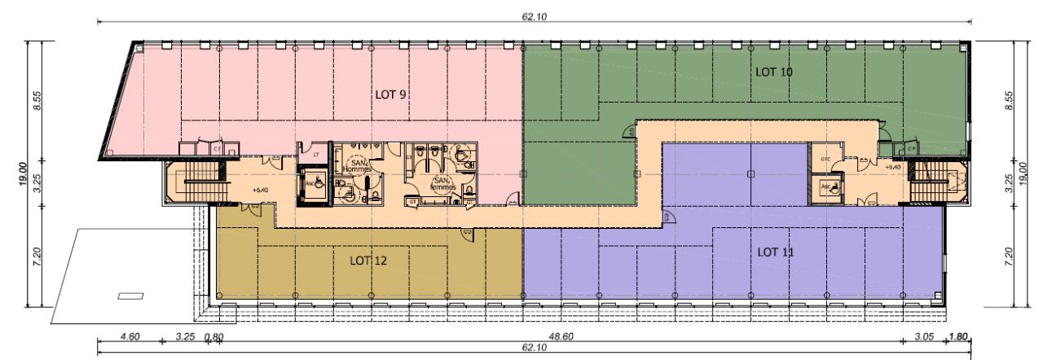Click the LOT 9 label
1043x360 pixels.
pyautogui.click(x=390, y=94)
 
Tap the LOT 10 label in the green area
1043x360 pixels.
pyautogui.click(x=774, y=72)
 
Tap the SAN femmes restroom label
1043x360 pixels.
pyautogui.click(x=443, y=183)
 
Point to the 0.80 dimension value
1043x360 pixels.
pyautogui.click(x=215, y=336)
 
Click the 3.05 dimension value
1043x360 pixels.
pyautogui.click(x=923, y=336)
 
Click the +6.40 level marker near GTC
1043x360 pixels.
pyautogui.click(x=891, y=165)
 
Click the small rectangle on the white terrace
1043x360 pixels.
pyautogui.click(x=130, y=296)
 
